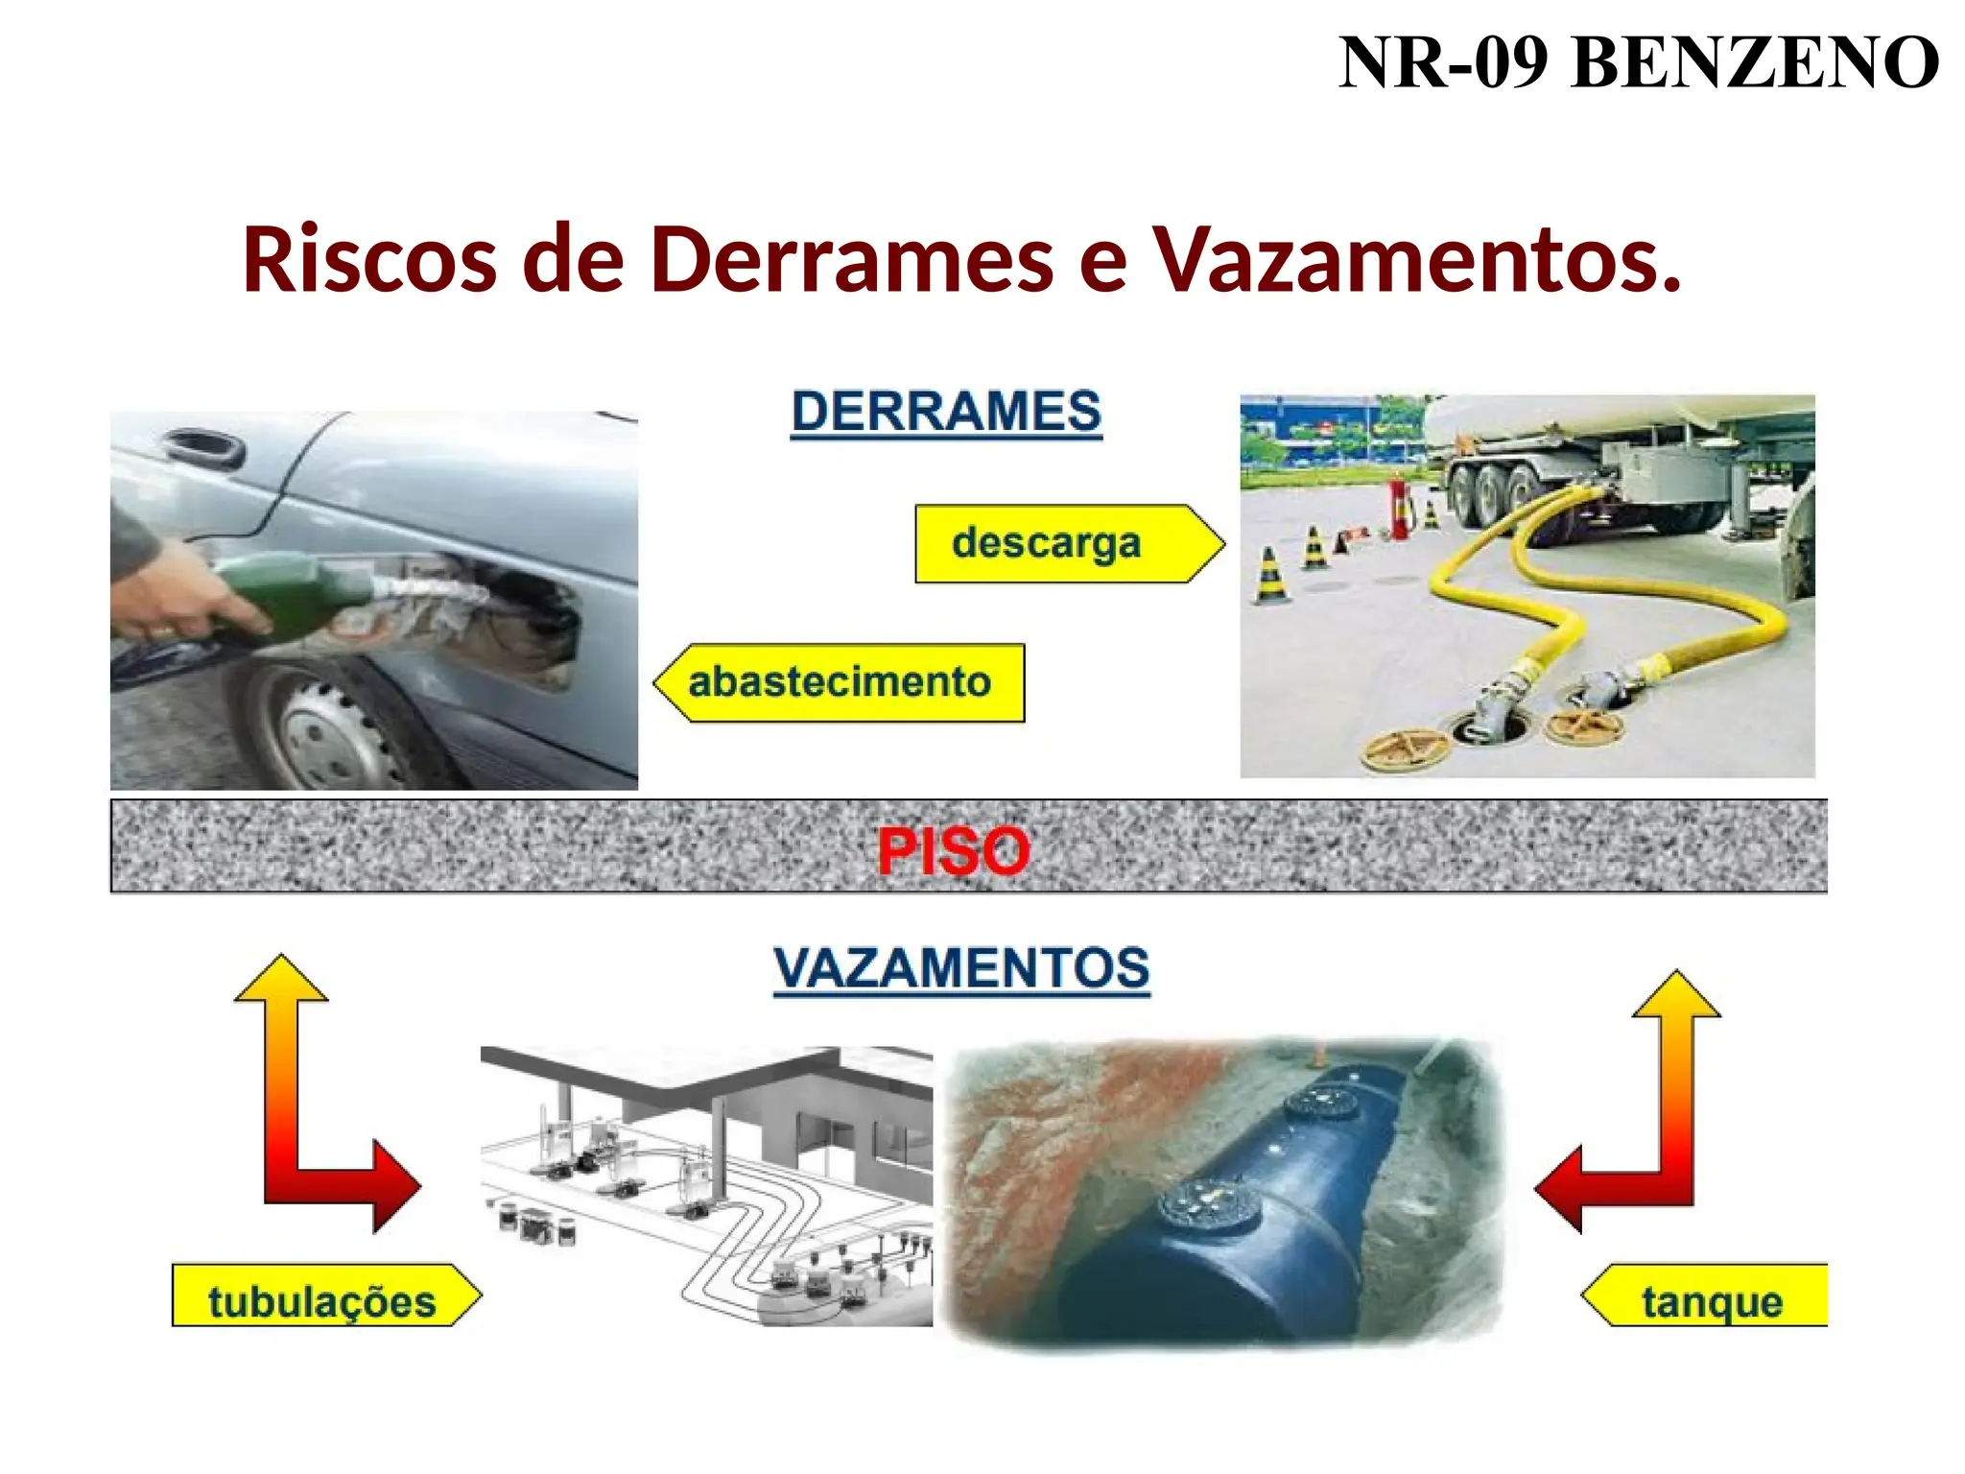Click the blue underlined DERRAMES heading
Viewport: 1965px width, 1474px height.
(946, 412)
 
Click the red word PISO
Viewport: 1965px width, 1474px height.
(954, 850)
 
